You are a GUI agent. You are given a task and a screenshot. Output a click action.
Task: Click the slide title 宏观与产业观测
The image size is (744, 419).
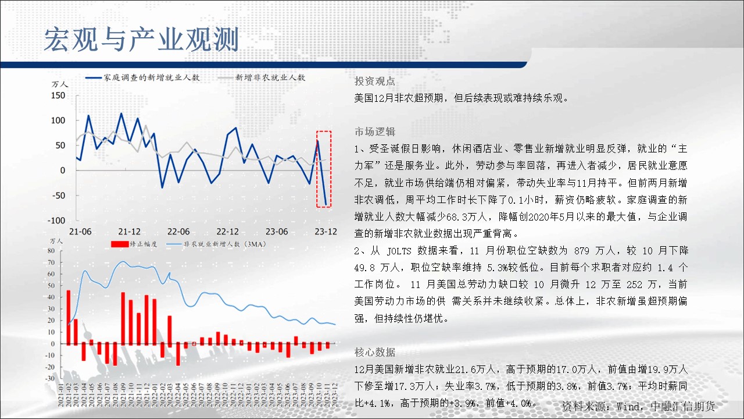pyautogui.click(x=141, y=40)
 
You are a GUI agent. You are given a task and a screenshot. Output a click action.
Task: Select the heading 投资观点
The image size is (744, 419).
pyautogui.click(x=375, y=81)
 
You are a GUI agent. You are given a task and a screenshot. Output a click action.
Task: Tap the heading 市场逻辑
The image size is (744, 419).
pyautogui.click(x=375, y=132)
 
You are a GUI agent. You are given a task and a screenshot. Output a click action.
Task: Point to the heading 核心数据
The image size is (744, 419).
pyautogui.click(x=375, y=352)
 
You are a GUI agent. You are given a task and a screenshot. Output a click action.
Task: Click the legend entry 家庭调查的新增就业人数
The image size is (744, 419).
pyautogui.click(x=143, y=77)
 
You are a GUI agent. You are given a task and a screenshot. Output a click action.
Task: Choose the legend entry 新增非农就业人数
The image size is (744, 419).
pyautogui.click(x=262, y=77)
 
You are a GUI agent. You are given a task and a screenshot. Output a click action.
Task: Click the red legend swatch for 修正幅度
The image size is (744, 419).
pyautogui.click(x=120, y=244)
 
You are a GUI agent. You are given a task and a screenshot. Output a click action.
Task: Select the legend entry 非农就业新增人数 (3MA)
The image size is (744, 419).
pyautogui.click(x=216, y=244)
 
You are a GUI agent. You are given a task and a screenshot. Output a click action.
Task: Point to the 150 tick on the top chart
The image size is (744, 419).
pyautogui.click(x=58, y=95)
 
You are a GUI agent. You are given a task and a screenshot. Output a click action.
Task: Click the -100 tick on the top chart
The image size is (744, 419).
pyautogui.click(x=56, y=220)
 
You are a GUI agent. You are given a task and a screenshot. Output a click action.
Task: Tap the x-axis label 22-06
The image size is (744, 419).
pyautogui.click(x=178, y=232)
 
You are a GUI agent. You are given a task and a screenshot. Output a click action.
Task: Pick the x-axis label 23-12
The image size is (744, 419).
pyautogui.click(x=326, y=232)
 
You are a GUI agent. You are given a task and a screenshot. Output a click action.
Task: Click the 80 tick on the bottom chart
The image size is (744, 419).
pyautogui.click(x=51, y=251)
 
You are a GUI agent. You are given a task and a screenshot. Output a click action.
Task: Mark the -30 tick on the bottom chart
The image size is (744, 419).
pyautogui.click(x=50, y=378)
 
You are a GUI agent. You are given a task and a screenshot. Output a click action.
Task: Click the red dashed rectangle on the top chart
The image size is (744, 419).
pyautogui.click(x=317, y=169)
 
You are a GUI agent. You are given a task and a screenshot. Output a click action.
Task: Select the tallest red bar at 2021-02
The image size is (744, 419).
pyautogui.click(x=69, y=317)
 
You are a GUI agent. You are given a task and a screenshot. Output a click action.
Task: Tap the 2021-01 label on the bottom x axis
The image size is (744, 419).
pyautogui.click(x=61, y=395)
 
